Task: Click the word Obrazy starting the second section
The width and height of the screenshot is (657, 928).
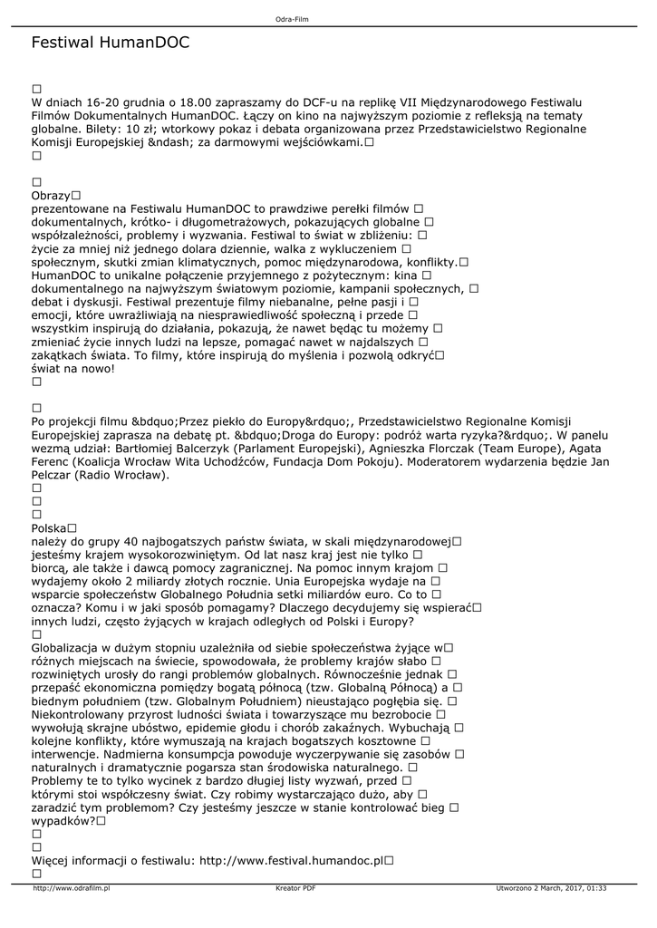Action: click(51, 196)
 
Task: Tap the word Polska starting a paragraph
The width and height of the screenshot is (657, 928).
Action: click(49, 527)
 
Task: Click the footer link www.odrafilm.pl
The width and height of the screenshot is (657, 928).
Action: click(71, 888)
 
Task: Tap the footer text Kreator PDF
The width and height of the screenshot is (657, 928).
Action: click(295, 888)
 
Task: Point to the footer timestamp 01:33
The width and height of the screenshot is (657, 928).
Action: click(596, 888)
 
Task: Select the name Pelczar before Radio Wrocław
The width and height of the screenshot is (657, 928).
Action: click(54, 476)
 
